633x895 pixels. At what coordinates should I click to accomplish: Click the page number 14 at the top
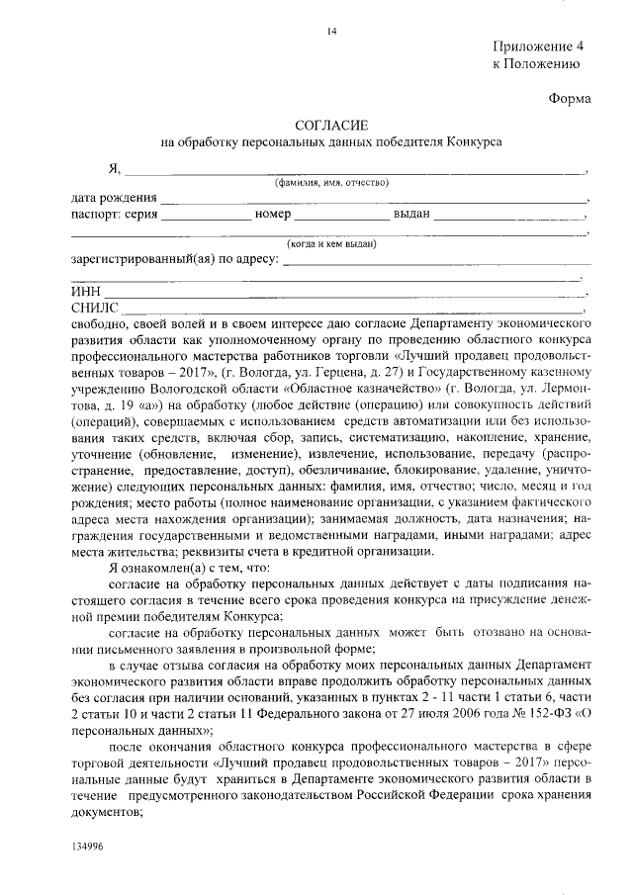click(x=332, y=32)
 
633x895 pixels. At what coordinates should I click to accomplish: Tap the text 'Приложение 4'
click(x=539, y=46)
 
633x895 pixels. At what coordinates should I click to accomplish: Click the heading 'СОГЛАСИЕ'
click(x=331, y=125)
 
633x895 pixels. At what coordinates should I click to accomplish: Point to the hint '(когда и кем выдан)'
click(x=331, y=244)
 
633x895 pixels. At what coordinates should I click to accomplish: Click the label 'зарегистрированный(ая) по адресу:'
click(x=175, y=261)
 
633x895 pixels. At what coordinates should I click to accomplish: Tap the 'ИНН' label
click(x=87, y=294)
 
